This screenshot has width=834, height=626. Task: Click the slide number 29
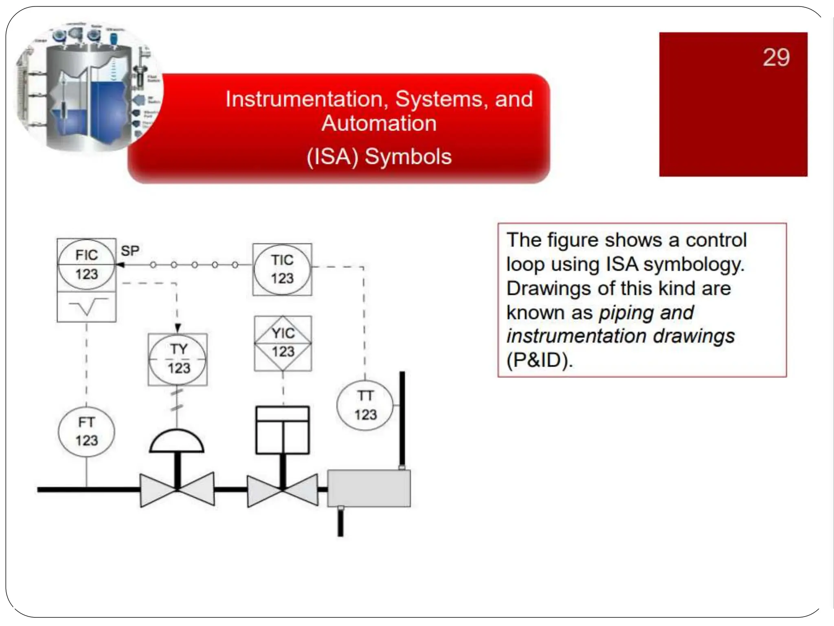pyautogui.click(x=776, y=57)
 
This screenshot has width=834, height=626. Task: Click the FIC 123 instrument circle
pyautogui.click(x=86, y=265)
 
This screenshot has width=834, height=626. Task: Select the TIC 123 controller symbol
pyautogui.click(x=282, y=269)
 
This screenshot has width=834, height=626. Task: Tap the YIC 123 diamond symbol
pyautogui.click(x=283, y=343)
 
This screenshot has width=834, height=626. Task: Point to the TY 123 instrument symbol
pyautogui.click(x=178, y=359)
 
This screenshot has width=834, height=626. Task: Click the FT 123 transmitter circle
pyautogui.click(x=86, y=432)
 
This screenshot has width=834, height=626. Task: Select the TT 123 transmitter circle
pyautogui.click(x=365, y=405)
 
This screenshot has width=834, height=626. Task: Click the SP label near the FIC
pyautogui.click(x=130, y=251)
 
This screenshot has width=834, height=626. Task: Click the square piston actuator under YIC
pyautogui.click(x=283, y=430)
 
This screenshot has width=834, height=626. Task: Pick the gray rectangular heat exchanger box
pyautogui.click(x=369, y=488)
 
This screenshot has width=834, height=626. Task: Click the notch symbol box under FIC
pyautogui.click(x=86, y=307)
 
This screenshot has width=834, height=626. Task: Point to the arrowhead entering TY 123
pyautogui.click(x=178, y=328)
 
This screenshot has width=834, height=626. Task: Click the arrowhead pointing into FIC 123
pyautogui.click(x=120, y=265)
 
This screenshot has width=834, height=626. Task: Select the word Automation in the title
pyautogui.click(x=379, y=123)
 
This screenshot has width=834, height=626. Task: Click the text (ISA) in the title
pyautogui.click(x=332, y=157)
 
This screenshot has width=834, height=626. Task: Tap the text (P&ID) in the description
pyautogui.click(x=539, y=360)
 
